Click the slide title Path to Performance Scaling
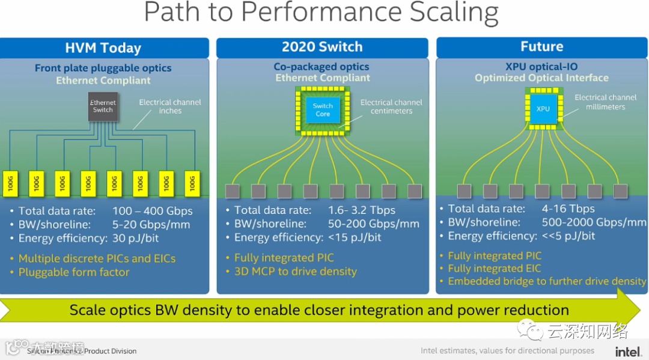[321, 13]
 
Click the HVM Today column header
[103, 48]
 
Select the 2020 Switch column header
[322, 47]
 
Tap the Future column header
[541, 46]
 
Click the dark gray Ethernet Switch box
[103, 106]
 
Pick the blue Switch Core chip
[323, 110]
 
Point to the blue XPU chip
[543, 109]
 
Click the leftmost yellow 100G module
[10, 183]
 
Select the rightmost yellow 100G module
[192, 183]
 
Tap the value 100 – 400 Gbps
[153, 211]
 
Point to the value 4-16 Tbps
[568, 209]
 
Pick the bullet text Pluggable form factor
[74, 272]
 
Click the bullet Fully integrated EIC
[494, 269]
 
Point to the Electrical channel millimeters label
[605, 102]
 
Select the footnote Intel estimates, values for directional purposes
[507, 351]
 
